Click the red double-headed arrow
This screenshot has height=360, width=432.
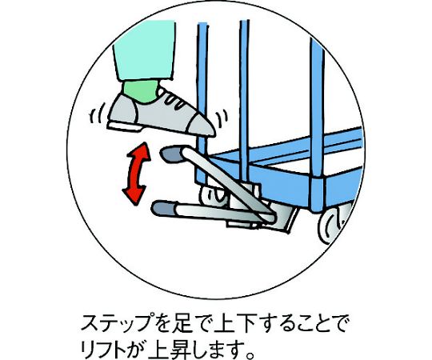point(136,174)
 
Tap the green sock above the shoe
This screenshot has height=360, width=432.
point(141,91)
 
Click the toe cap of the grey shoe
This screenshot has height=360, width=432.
point(201,125)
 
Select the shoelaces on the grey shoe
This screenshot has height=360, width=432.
point(174,101)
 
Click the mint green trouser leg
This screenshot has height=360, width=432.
point(144,50)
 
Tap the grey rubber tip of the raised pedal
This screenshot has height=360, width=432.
point(171,154)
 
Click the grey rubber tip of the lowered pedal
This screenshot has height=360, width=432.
point(164,208)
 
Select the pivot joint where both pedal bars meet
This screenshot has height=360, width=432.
point(269,215)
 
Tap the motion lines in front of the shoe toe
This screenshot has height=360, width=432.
point(222,118)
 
